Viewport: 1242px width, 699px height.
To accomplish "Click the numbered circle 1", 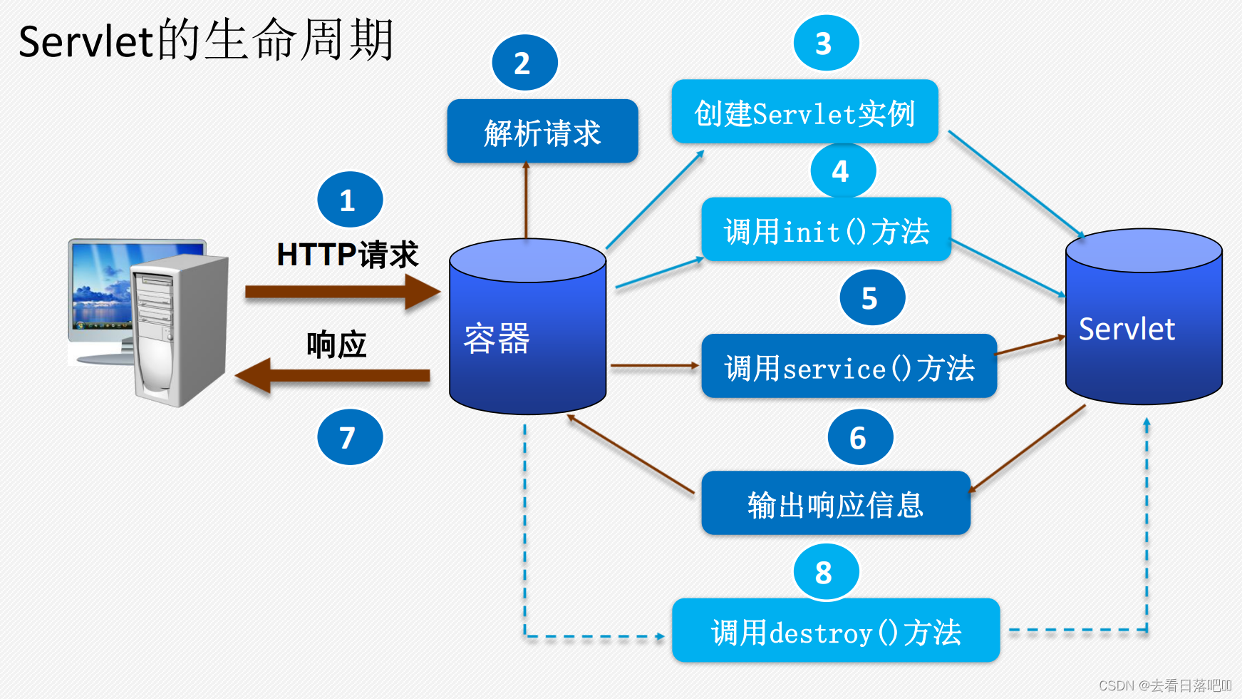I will click(x=350, y=200).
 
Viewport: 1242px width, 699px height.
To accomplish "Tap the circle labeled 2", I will click(x=524, y=63).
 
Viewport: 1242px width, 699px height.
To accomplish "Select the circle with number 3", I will click(x=826, y=43).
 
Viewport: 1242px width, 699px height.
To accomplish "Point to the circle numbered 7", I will click(x=350, y=437).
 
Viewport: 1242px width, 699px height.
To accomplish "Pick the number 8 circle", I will click(x=826, y=572).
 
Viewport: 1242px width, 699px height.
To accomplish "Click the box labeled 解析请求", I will click(x=542, y=132).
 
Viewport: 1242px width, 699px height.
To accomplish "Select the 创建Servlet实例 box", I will click(x=804, y=113).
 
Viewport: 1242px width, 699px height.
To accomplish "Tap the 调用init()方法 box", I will click(x=826, y=230).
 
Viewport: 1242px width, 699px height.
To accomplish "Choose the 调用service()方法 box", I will click(x=849, y=367).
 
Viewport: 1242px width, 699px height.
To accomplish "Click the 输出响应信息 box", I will click(x=835, y=504).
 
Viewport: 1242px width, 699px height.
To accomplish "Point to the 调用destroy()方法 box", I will click(x=835, y=631).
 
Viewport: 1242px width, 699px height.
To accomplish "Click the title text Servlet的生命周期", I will click(x=206, y=41).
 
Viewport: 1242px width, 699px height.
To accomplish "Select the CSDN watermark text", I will click(x=1164, y=685).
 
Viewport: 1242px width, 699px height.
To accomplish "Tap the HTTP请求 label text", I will click(x=347, y=255).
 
